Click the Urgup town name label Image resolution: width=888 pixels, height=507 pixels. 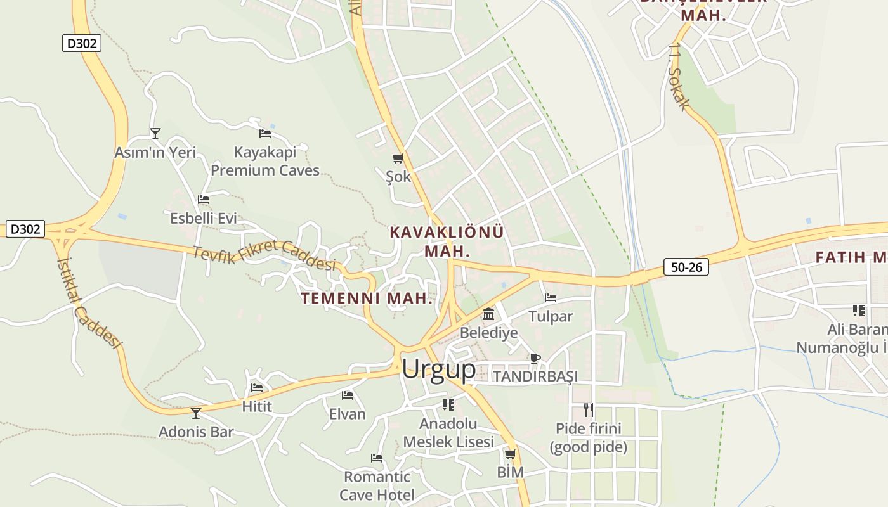pos(438,369)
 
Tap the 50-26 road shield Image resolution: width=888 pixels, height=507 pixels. pos(686,267)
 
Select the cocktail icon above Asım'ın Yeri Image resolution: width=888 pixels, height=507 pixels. pos(155,133)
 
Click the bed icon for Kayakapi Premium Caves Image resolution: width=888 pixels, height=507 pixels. pos(265,134)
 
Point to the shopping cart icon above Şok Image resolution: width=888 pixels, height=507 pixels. pos(398,158)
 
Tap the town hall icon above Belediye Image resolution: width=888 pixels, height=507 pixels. pos(488,314)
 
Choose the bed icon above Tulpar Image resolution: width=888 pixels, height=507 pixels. pos(551,297)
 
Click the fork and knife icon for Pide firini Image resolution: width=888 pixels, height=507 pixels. pos(589,409)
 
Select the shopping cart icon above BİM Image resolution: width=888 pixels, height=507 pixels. pos(510,454)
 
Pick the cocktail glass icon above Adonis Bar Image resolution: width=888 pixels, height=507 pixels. pos(196,413)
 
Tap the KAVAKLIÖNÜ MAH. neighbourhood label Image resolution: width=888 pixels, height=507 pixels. pos(447,241)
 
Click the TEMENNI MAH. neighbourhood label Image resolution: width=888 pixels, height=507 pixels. pos(367,298)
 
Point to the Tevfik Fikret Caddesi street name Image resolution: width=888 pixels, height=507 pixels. pos(264,255)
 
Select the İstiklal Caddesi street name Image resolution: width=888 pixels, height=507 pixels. pos(88,302)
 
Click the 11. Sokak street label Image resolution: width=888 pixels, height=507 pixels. pos(678,77)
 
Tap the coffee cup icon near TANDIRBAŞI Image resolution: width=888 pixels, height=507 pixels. pos(535,358)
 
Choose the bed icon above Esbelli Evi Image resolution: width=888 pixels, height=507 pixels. pos(204,200)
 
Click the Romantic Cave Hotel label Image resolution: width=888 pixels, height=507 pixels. pos(377,485)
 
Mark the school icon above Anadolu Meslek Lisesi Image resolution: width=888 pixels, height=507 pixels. pos(448,404)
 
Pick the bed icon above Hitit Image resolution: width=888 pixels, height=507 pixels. pos(257,388)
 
